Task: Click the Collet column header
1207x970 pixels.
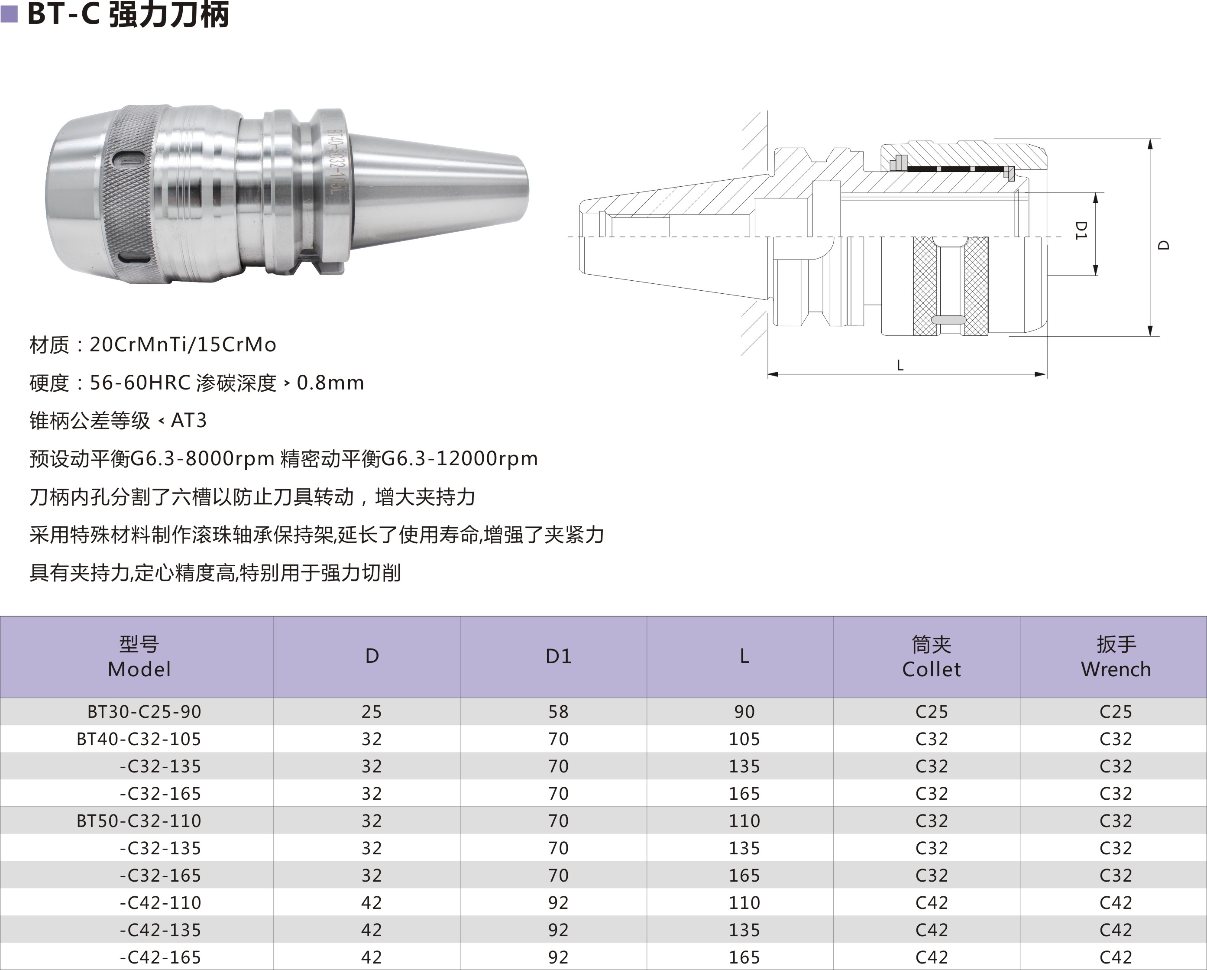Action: [932, 656]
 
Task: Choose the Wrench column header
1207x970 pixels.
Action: [1116, 656]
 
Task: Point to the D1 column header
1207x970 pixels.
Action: [559, 656]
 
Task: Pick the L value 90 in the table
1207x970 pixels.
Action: [744, 711]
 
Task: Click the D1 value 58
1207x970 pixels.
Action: [558, 711]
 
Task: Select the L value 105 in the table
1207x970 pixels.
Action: [744, 739]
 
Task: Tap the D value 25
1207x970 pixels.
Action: [371, 711]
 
